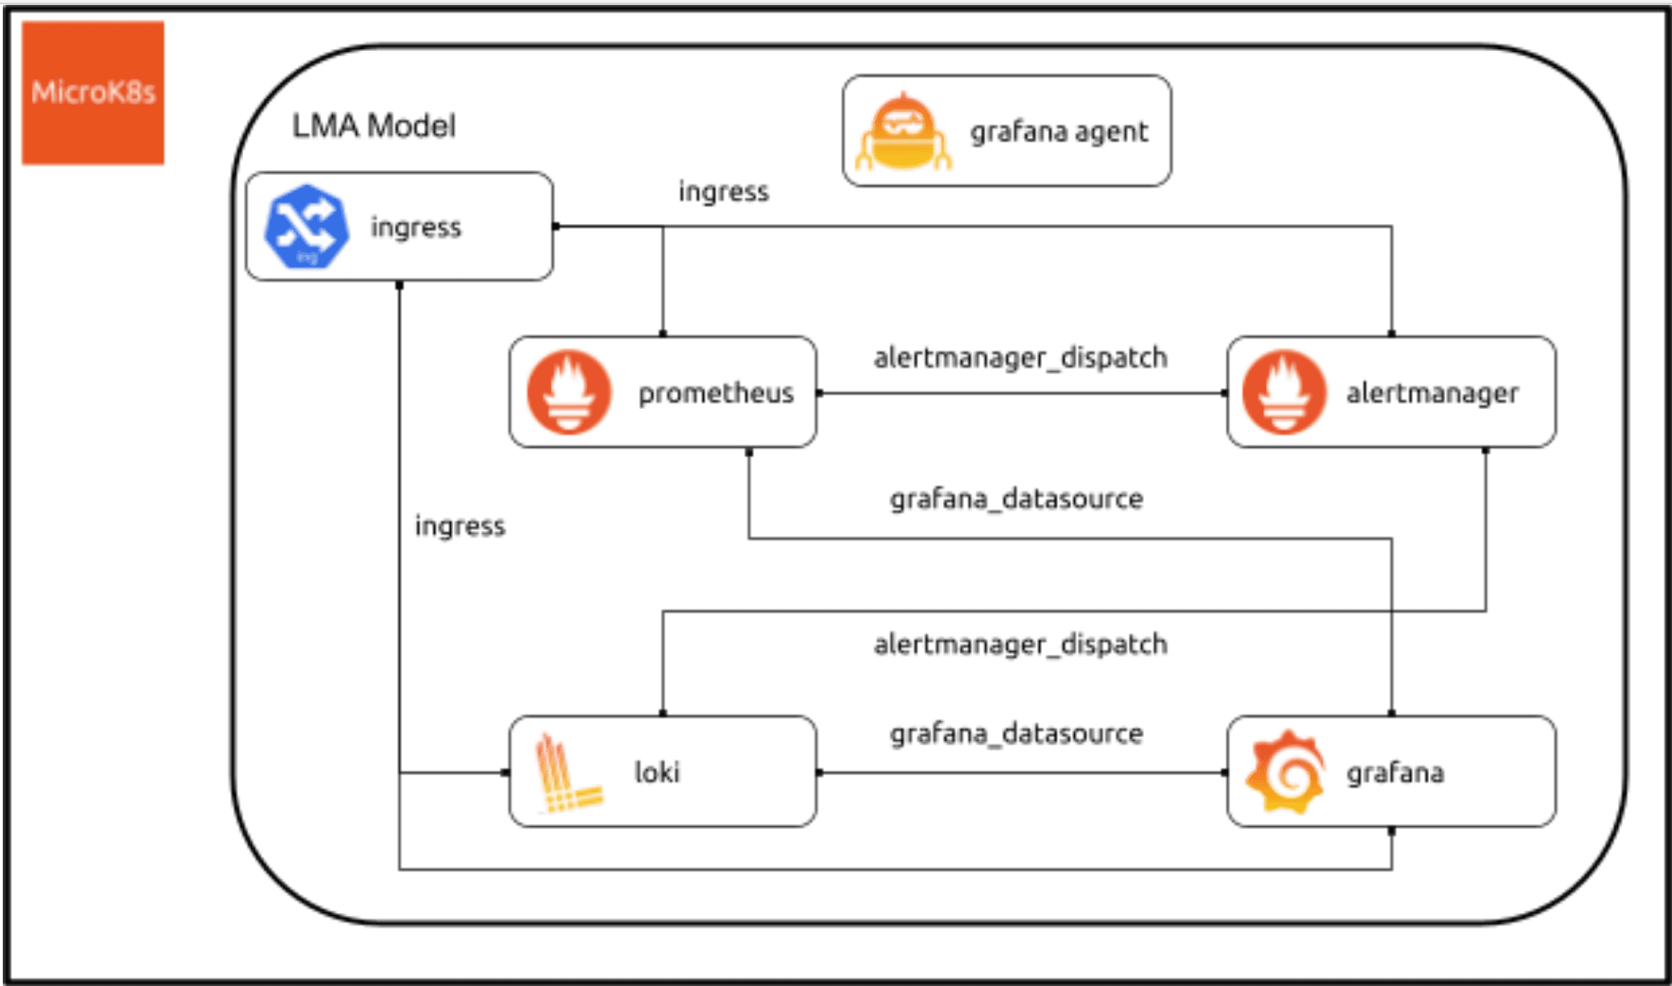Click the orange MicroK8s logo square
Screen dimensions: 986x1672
(x=92, y=92)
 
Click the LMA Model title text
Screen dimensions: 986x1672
(x=373, y=127)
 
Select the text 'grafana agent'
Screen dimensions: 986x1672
(x=1059, y=132)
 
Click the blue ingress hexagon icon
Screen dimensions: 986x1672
(x=307, y=226)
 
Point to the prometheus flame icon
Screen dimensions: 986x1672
(x=569, y=392)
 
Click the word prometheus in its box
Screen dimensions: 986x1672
(x=716, y=393)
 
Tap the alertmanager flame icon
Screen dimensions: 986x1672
(x=1283, y=392)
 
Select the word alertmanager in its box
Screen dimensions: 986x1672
(x=1432, y=393)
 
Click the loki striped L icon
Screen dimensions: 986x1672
(x=568, y=773)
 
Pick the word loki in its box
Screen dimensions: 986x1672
(x=657, y=772)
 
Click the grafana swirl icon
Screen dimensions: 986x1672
(x=1285, y=772)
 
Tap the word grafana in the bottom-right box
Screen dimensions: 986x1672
(x=1395, y=772)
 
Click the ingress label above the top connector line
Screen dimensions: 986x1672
(x=723, y=191)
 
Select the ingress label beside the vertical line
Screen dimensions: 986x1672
(x=459, y=526)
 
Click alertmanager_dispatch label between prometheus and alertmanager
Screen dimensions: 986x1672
(x=1020, y=358)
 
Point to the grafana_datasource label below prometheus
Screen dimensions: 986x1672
(x=1016, y=499)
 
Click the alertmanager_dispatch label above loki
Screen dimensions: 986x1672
(x=1020, y=644)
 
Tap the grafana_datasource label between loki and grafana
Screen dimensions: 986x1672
(x=1016, y=734)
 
